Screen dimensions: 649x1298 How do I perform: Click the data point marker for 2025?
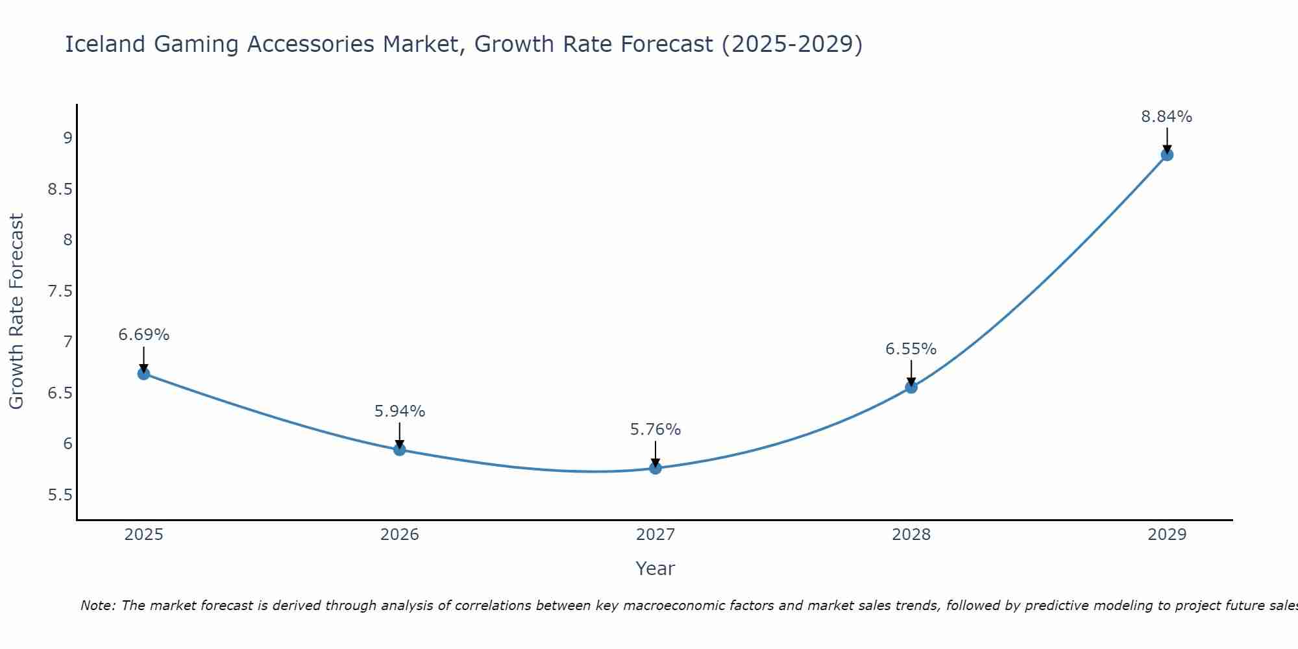click(143, 374)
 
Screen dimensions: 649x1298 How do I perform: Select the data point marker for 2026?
click(400, 450)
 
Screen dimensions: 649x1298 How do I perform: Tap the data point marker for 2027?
click(655, 468)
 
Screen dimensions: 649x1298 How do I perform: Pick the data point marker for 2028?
click(911, 387)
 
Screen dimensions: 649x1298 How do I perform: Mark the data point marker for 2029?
click(1167, 155)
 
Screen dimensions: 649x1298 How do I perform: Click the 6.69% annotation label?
click(143, 335)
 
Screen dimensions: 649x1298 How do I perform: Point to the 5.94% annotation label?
click(400, 411)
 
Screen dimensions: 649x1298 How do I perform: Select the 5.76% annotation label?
click(655, 430)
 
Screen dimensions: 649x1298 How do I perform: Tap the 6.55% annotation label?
click(911, 349)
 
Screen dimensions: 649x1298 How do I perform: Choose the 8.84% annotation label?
click(1167, 117)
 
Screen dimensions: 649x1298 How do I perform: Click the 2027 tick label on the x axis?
click(655, 535)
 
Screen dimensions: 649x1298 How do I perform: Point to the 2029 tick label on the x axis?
click(1167, 535)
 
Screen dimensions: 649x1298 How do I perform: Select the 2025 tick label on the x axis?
click(143, 535)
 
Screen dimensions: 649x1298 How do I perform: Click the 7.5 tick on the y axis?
click(60, 291)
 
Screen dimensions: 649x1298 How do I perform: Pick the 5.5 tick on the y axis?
click(60, 495)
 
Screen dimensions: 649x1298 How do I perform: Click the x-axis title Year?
click(655, 569)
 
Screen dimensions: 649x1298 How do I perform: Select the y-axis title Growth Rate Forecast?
click(16, 312)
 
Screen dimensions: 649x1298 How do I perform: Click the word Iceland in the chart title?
click(105, 44)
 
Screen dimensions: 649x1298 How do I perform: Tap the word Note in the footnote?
click(97, 606)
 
